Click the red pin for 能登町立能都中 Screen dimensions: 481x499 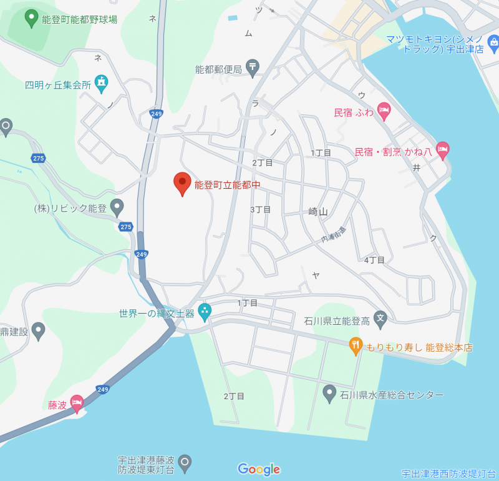click(x=182, y=182)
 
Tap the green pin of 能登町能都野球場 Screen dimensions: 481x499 click(x=31, y=18)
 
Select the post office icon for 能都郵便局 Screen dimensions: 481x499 click(x=252, y=67)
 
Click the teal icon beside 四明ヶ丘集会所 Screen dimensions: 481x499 click(x=101, y=82)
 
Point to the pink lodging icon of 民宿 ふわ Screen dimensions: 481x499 click(x=384, y=112)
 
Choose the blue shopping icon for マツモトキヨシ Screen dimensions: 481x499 click(x=493, y=43)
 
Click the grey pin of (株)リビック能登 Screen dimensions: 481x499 click(x=117, y=207)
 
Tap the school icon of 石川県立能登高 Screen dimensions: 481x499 click(x=380, y=320)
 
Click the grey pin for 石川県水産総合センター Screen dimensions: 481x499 click(x=329, y=393)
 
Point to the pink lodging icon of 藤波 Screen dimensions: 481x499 click(x=77, y=403)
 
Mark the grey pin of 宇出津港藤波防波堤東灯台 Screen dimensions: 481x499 click(x=184, y=462)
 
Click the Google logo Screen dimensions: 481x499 click(x=259, y=469)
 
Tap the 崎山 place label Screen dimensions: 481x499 click(x=318, y=212)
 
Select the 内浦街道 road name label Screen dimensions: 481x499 click(x=334, y=235)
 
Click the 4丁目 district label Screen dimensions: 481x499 click(x=374, y=260)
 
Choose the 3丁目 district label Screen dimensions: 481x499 click(x=260, y=209)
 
